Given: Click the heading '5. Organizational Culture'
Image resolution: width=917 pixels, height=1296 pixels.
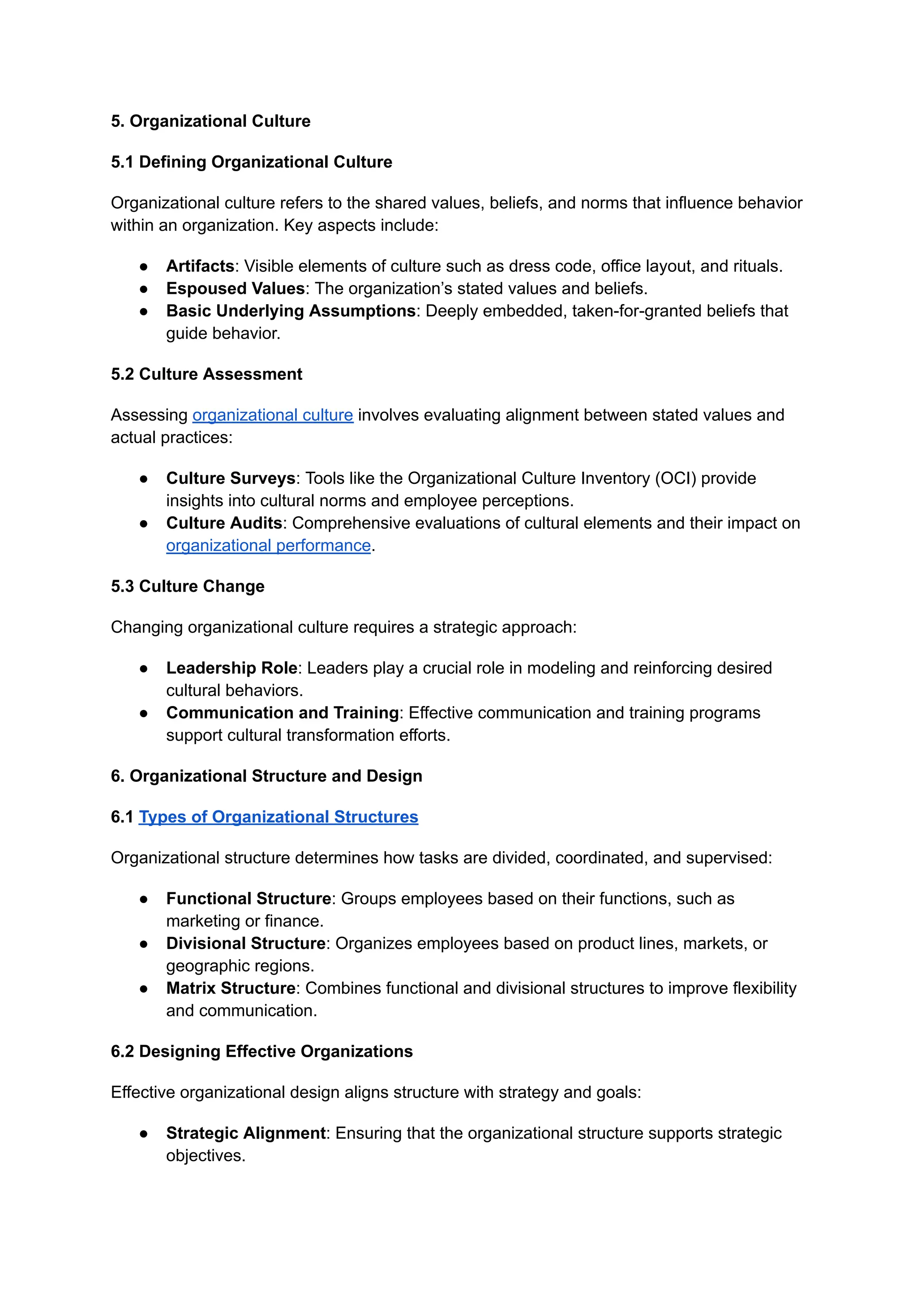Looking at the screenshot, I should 210,121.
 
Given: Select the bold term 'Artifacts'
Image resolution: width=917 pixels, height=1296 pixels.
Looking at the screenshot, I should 200,266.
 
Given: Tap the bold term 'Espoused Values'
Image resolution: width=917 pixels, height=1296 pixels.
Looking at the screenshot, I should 235,288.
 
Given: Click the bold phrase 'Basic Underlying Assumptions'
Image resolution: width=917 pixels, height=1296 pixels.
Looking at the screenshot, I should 290,311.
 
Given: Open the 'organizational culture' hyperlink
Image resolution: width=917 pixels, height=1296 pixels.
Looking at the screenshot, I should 272,415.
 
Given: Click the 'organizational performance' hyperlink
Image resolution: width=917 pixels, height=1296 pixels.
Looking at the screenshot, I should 268,546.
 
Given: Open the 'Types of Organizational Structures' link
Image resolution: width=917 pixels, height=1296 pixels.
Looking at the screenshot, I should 279,817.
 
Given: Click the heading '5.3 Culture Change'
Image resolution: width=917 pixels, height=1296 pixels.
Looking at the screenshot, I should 188,586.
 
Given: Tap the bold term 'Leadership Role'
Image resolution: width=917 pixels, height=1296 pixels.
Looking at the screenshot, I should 231,668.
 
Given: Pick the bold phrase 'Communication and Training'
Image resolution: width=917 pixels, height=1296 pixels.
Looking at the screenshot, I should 283,713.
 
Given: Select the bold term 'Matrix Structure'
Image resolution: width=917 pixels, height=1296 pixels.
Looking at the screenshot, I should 231,988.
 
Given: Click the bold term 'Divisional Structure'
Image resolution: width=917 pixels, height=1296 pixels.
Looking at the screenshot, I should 246,943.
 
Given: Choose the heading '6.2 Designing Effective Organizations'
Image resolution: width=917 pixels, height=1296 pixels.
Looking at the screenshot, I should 261,1051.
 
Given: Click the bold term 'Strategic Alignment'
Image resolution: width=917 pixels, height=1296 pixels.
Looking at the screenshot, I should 246,1133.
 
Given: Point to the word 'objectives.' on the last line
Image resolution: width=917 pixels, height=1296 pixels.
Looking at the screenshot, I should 206,1156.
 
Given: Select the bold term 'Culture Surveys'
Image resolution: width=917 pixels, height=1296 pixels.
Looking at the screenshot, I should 231,478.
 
